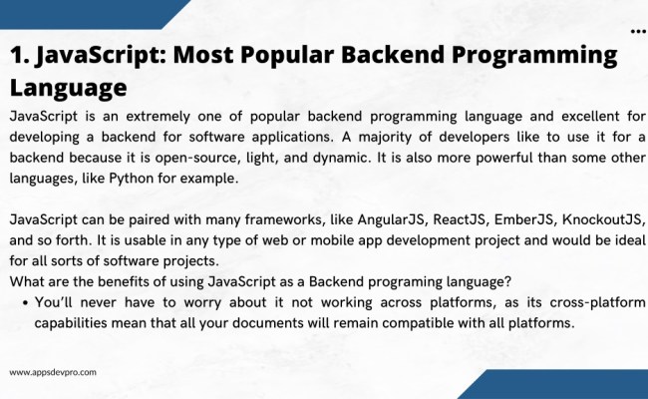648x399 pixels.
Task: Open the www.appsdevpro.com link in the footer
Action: point(53,372)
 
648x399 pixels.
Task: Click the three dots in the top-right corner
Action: point(638,32)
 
